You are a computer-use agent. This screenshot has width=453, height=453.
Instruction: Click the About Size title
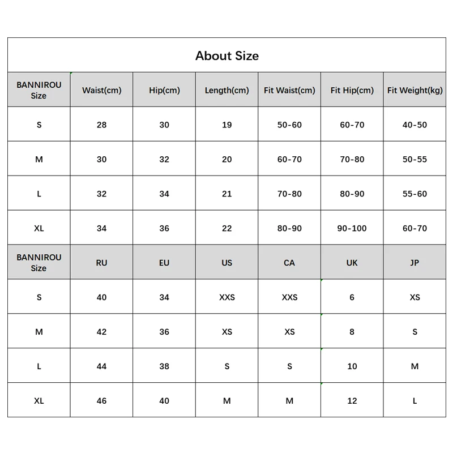pyautogui.click(x=226, y=55)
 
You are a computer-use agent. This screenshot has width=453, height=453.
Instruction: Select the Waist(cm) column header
pyautogui.click(x=101, y=90)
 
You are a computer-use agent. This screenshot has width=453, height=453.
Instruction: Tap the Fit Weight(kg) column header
pyautogui.click(x=414, y=90)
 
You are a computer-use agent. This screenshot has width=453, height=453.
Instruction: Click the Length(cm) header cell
pyautogui.click(x=226, y=90)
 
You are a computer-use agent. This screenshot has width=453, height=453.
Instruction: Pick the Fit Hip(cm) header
pyautogui.click(x=352, y=90)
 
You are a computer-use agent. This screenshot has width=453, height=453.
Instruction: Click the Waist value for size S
pyautogui.click(x=101, y=125)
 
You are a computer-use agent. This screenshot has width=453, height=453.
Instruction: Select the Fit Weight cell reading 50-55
pyautogui.click(x=414, y=159)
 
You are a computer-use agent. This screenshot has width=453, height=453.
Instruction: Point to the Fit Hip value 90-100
pyautogui.click(x=352, y=228)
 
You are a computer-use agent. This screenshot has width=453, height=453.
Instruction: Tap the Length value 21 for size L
pyautogui.click(x=226, y=194)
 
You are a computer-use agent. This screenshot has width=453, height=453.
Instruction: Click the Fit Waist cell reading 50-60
pyautogui.click(x=289, y=125)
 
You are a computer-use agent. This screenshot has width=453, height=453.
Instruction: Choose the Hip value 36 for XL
pyautogui.click(x=164, y=228)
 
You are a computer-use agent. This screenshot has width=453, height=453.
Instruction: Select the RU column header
pyautogui.click(x=101, y=263)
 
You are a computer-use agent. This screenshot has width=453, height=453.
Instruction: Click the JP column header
pyautogui.click(x=414, y=263)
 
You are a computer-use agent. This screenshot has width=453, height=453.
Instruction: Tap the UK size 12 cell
pyautogui.click(x=352, y=400)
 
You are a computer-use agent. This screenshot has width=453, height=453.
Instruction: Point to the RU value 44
pyautogui.click(x=101, y=366)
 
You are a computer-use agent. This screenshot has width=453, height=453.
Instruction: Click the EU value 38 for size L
pyautogui.click(x=164, y=366)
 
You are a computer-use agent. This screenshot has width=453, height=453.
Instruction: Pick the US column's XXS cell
pyautogui.click(x=226, y=297)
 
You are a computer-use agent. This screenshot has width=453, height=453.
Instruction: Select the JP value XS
pyautogui.click(x=414, y=297)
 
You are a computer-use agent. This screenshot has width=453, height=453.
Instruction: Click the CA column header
pyautogui.click(x=289, y=263)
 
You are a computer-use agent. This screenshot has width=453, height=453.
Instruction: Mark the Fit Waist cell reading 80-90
pyautogui.click(x=289, y=228)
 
